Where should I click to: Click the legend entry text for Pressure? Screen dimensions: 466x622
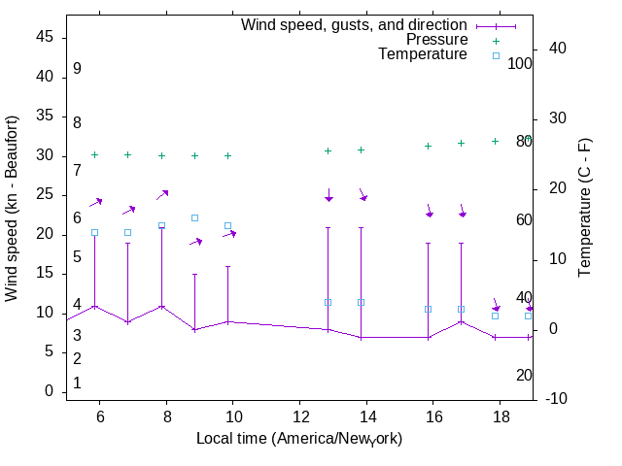436,40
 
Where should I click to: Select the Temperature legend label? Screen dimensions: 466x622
423,54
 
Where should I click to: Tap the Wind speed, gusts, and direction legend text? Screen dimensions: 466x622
354,25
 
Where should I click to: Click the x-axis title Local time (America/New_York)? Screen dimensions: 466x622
299,438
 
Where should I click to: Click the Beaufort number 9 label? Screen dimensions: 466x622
77,69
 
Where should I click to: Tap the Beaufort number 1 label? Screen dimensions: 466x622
77,383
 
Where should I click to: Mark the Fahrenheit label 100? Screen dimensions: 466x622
521,63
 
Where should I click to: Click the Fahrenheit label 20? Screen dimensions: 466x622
525,375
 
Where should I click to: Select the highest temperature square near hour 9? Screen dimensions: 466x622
194,218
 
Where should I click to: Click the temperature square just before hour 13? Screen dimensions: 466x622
328,302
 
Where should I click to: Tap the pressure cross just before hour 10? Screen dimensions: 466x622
227,155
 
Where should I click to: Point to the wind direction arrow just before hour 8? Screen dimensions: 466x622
162,194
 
